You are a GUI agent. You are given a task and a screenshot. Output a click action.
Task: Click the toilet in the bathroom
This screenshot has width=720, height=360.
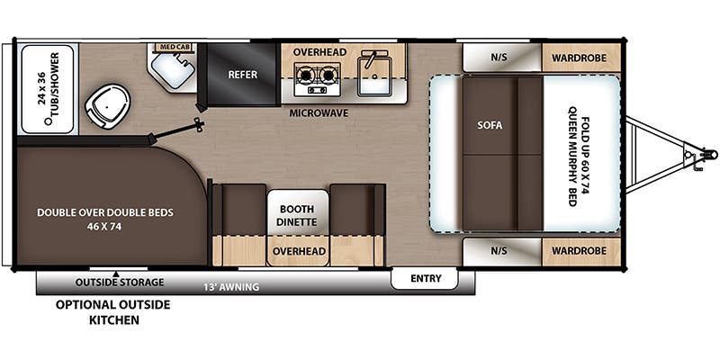107,106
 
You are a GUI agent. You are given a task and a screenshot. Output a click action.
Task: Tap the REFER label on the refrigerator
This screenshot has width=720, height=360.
243,75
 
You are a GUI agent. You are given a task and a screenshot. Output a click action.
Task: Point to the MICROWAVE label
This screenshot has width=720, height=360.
319,112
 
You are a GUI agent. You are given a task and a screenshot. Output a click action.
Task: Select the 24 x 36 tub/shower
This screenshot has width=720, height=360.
48,89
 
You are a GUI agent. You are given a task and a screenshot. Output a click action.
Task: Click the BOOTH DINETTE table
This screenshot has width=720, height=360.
298,215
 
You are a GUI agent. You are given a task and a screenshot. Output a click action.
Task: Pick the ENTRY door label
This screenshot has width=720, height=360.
426,278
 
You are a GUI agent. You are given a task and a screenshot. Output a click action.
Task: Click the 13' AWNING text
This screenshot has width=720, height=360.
231,287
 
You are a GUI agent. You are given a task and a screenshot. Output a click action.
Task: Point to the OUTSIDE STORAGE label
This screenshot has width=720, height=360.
120,282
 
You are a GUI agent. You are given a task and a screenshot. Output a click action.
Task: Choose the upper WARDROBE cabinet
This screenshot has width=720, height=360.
580,58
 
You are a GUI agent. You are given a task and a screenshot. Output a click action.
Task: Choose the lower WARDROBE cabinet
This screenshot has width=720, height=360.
580,251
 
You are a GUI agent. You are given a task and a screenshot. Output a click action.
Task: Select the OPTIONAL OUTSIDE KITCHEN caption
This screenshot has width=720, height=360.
113,312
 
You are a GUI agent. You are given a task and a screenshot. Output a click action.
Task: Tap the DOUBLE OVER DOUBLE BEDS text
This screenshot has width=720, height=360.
105,219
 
